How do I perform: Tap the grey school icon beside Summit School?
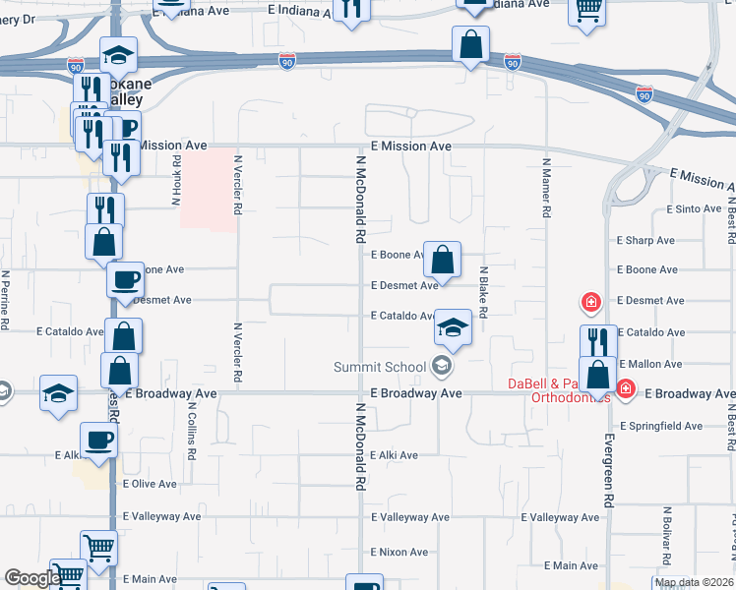[x=443, y=368]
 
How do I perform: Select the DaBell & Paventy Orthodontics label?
[x=559, y=390]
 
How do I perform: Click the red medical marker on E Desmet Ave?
[x=591, y=302]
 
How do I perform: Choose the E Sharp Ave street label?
[x=645, y=240]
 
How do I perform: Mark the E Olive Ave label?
[x=150, y=484]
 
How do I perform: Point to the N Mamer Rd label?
[x=545, y=187]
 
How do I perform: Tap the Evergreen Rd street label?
[x=609, y=471]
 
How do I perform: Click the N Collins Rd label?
[x=193, y=437]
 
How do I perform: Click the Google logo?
[x=32, y=578]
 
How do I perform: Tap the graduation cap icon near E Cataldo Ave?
[x=453, y=328]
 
